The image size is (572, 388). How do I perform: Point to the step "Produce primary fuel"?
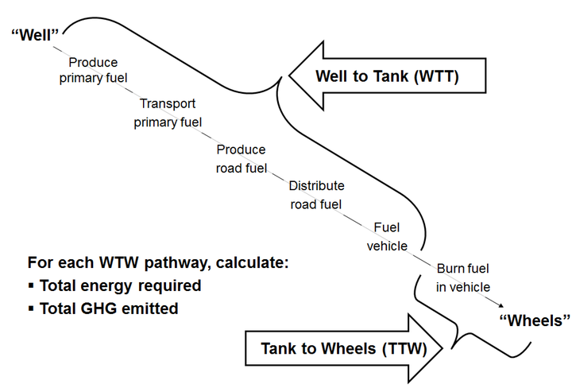[x=93, y=69]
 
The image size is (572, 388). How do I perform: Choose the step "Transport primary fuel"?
[x=168, y=113]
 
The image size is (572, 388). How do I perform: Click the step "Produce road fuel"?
[x=241, y=158]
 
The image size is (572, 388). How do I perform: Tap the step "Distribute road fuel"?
[x=315, y=195]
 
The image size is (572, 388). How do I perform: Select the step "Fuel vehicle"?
[x=386, y=237]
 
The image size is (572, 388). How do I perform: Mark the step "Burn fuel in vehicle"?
[x=463, y=277]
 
